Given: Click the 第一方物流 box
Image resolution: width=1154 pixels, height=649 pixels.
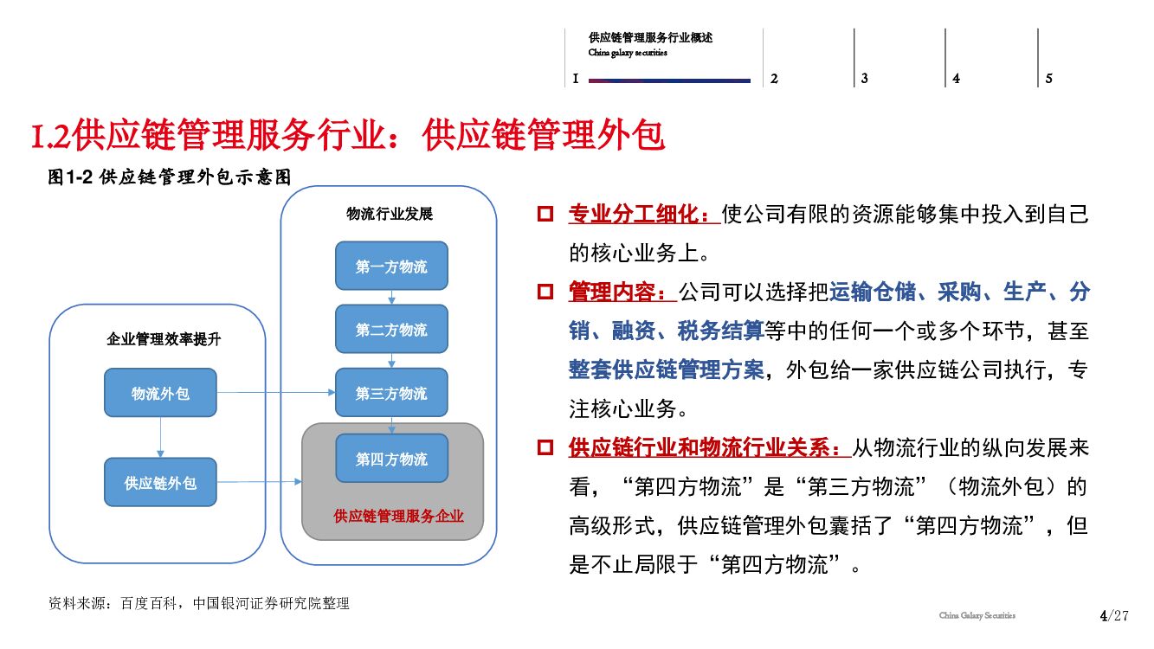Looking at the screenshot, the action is [x=391, y=266].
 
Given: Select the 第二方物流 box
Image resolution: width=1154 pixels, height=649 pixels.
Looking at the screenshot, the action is [x=391, y=330].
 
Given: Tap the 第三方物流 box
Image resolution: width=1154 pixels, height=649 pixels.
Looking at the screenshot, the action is [x=391, y=393].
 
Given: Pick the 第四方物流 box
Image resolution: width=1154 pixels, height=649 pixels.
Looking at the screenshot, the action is [x=391, y=459].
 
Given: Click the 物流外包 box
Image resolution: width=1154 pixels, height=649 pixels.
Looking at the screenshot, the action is [x=160, y=394].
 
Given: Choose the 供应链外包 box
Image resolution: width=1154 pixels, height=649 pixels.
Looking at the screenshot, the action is [x=160, y=482].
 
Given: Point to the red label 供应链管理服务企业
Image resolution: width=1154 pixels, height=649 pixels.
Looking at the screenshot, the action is [x=399, y=517].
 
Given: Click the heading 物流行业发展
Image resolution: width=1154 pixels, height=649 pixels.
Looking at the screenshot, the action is [x=389, y=214].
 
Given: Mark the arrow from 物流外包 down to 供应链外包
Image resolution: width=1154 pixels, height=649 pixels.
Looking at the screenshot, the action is [x=160, y=438].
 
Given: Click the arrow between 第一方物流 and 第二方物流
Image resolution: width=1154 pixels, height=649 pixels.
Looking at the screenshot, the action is [x=391, y=298].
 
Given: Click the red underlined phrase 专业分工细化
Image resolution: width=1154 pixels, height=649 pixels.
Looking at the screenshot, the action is [x=643, y=214].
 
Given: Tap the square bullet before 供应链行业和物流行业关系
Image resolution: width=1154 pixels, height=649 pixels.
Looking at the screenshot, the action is [x=545, y=447].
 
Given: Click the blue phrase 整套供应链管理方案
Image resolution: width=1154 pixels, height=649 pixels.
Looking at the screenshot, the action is [x=667, y=369].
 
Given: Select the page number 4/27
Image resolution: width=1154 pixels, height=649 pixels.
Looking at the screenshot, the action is [x=1113, y=616].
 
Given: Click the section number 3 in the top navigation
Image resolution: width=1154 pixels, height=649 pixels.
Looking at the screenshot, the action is [x=864, y=79].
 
